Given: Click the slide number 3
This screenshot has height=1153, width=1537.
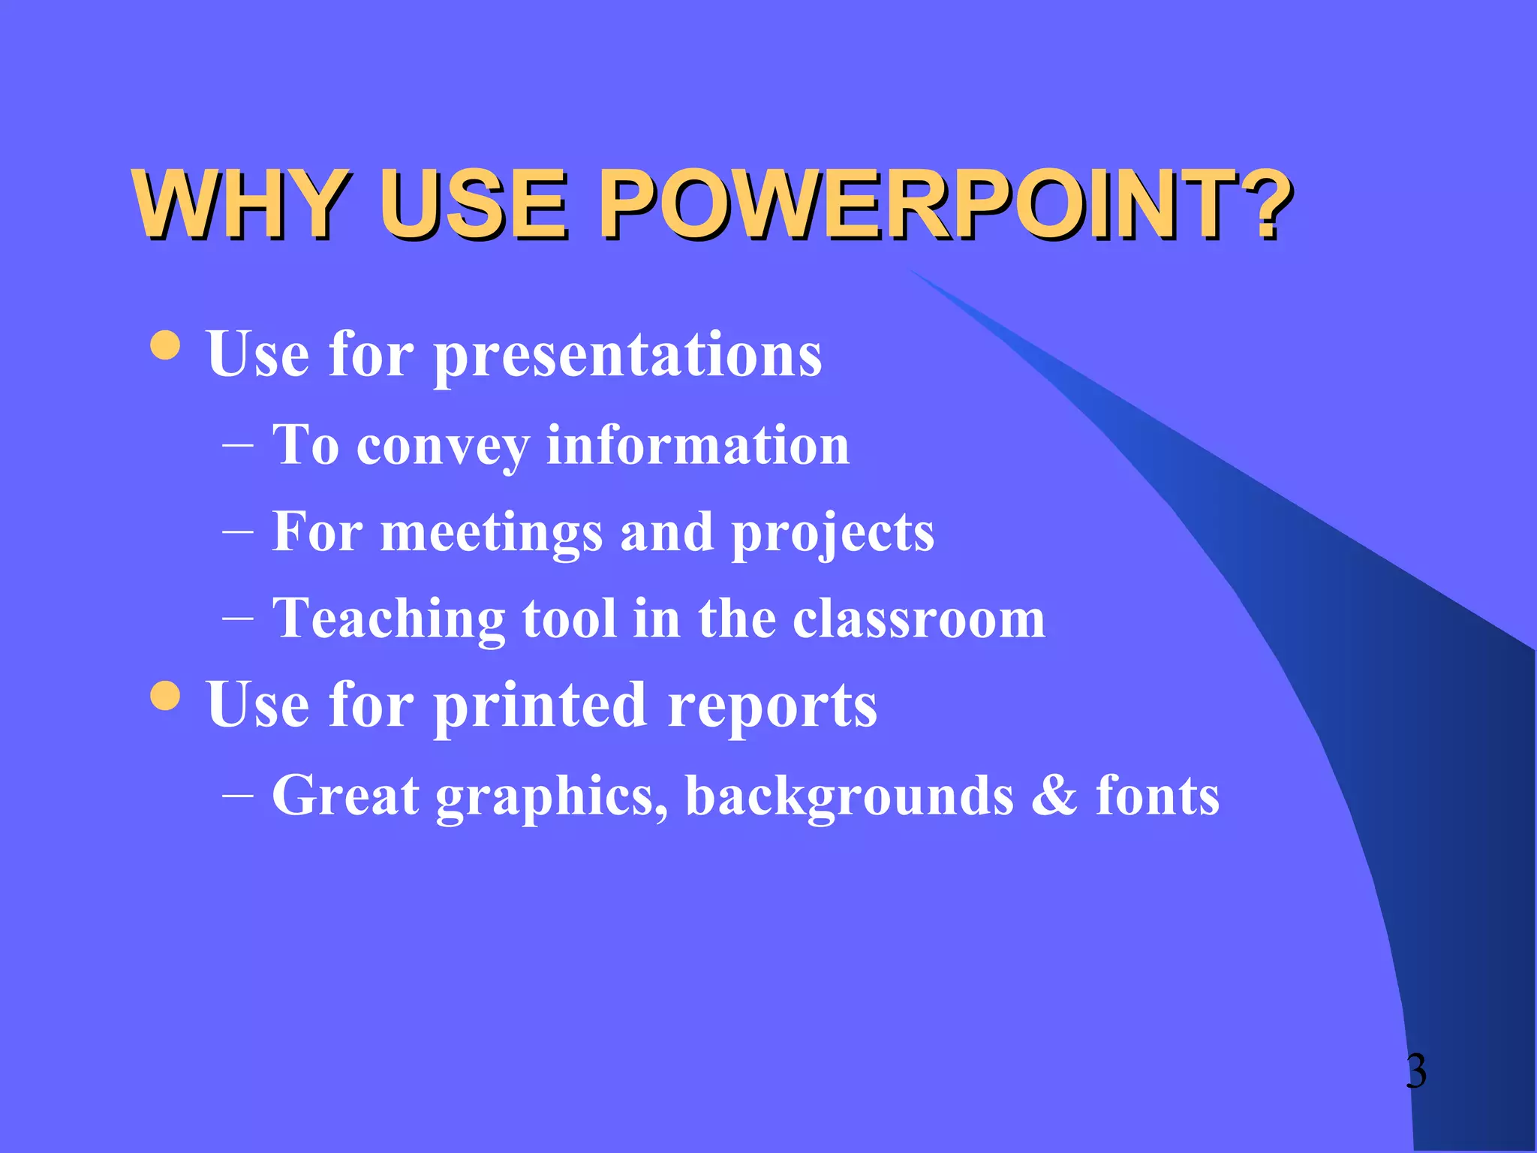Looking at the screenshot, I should (1415, 1071).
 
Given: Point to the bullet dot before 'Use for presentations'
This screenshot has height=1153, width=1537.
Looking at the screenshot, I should (165, 345).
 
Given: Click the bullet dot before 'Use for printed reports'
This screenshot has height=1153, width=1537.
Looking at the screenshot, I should (165, 695).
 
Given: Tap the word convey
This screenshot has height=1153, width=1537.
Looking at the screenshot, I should (443, 447).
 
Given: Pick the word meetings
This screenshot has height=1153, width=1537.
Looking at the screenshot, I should (492, 534).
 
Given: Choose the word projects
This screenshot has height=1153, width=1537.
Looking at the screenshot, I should (833, 534).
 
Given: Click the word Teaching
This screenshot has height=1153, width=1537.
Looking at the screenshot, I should (389, 619).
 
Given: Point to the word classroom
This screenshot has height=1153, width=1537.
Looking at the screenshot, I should (919, 619).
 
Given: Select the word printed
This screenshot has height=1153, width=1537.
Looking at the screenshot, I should (540, 706).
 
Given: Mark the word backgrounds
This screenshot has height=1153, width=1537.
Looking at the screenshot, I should (850, 796).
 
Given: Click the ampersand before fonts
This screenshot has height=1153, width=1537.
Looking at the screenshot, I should (1054, 796).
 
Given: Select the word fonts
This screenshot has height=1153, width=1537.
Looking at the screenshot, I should (1157, 796).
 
